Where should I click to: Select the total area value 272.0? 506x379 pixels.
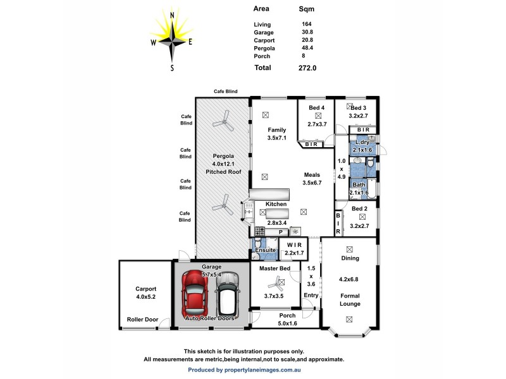[x=308, y=68]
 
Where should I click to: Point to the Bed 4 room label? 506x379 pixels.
[x=317, y=108]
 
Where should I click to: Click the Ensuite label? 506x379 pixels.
[x=265, y=251]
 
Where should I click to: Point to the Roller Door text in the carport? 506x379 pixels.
[x=142, y=320]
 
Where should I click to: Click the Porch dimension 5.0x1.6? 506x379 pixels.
[x=288, y=324]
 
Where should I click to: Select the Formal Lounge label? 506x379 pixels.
[x=349, y=299]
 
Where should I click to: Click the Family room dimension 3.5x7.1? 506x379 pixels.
[x=277, y=137]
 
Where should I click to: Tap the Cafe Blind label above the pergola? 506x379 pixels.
[x=225, y=92]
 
